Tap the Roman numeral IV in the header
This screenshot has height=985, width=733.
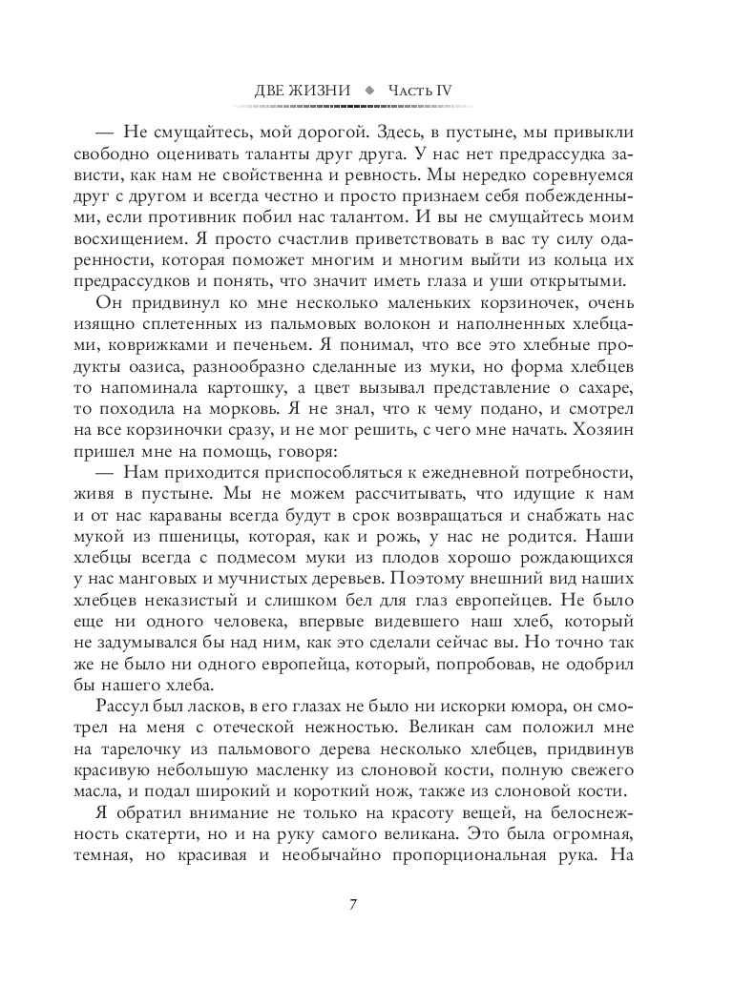point(444,91)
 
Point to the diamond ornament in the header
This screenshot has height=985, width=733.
point(372,91)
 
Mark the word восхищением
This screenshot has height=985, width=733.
point(144,246)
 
